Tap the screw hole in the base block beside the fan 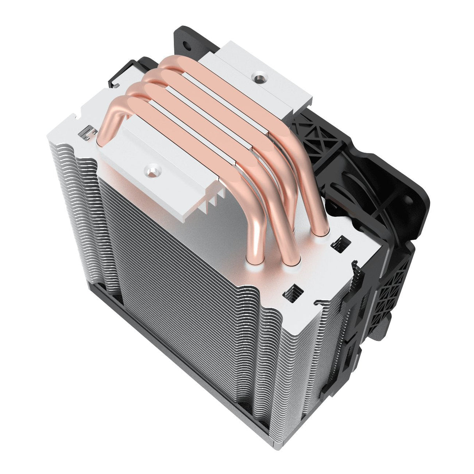[x=257, y=78]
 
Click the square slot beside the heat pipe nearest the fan [x=337, y=244]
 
